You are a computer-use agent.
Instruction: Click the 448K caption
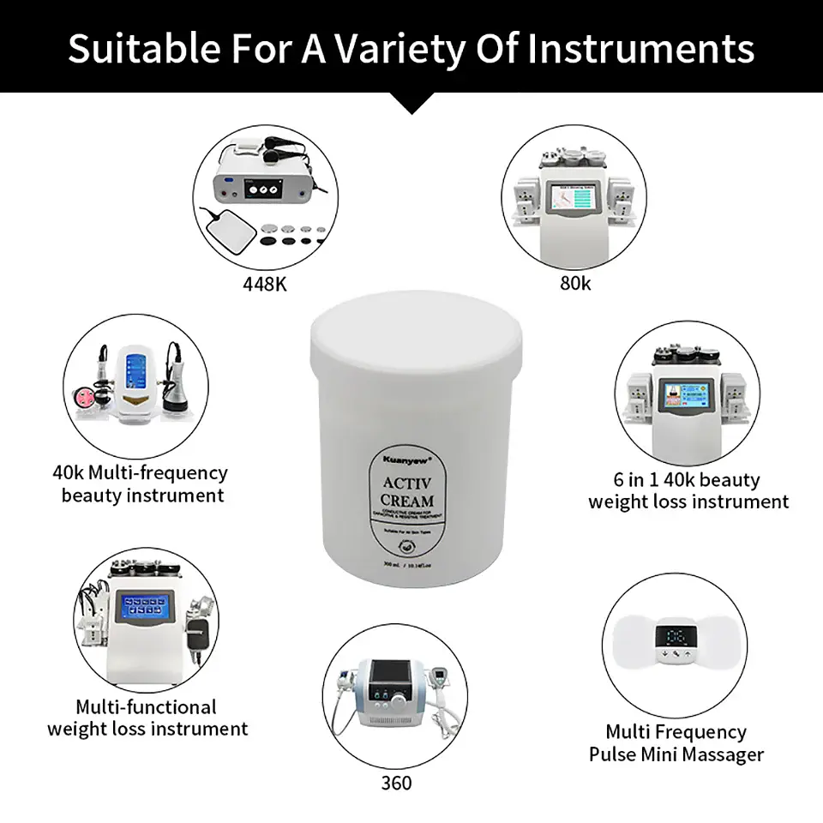[x=264, y=284]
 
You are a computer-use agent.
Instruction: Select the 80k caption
[x=575, y=282]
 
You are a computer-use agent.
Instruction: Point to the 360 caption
[x=396, y=783]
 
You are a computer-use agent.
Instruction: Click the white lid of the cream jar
[x=416, y=330]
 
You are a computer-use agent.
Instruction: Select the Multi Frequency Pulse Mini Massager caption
[x=676, y=742]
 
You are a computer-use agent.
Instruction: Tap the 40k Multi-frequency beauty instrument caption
[x=140, y=484]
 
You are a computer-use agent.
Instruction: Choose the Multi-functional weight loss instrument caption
[x=147, y=718]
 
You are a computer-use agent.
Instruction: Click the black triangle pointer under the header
[x=411, y=104]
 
